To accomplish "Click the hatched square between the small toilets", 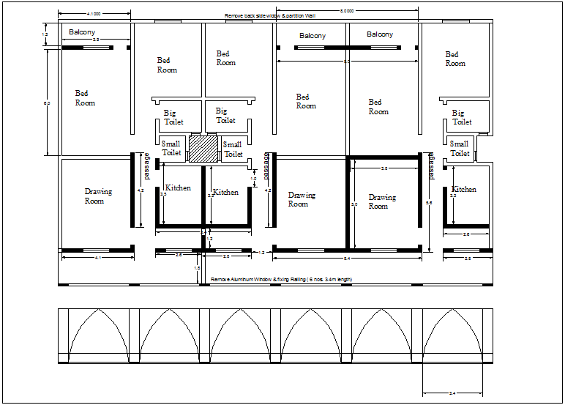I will pyautogui.click(x=203, y=148).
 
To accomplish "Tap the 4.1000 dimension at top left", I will pyautogui.click(x=94, y=14).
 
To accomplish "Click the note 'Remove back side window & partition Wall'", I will pyautogui.click(x=270, y=16).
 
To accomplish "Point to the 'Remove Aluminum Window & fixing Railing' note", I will pyautogui.click(x=282, y=280).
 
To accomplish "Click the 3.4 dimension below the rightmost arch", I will pyautogui.click(x=452, y=394).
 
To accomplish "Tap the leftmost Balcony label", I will pyautogui.click(x=82, y=32).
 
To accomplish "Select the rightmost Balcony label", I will pyautogui.click(x=379, y=34).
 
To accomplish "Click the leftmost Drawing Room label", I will pyautogui.click(x=98, y=196).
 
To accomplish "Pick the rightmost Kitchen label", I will pyautogui.click(x=464, y=189).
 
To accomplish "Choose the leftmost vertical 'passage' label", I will pyautogui.click(x=146, y=166).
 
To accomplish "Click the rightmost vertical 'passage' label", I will pyautogui.click(x=432, y=166).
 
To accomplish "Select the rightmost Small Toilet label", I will pyautogui.click(x=460, y=149).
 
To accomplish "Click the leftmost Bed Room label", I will pyautogui.click(x=85, y=98).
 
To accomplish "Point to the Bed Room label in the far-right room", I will pyautogui.click(x=454, y=59).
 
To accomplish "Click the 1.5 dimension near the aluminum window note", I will pyautogui.click(x=197, y=269).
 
